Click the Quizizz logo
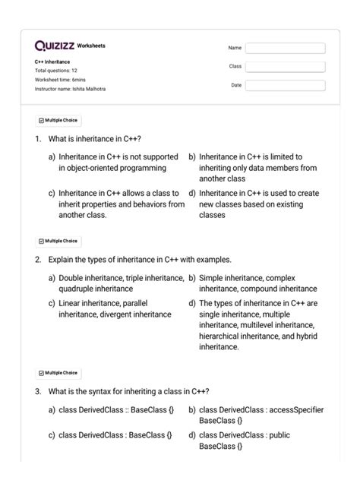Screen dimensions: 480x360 pyautogui.click(x=55, y=46)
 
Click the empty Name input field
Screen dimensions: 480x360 pyautogui.click(x=285, y=48)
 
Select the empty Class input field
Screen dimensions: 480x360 pyautogui.click(x=285, y=67)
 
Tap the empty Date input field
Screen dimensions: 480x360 pyautogui.click(x=285, y=85)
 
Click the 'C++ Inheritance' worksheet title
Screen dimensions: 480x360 pyautogui.click(x=52, y=62)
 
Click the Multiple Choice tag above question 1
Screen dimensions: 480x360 pyautogui.click(x=58, y=120)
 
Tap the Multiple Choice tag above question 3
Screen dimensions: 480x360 pyautogui.click(x=58, y=373)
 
